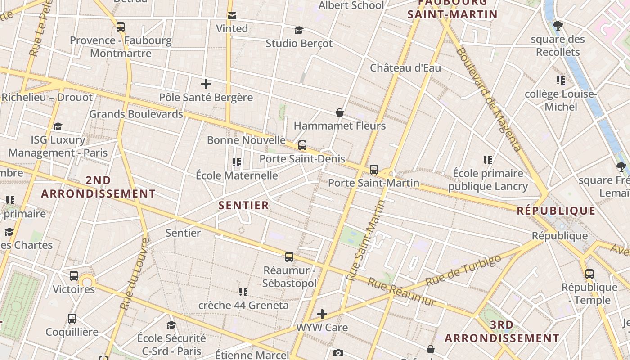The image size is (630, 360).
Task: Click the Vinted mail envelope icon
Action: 232,16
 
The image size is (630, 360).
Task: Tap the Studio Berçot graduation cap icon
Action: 299,31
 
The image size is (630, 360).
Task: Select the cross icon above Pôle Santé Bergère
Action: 206,84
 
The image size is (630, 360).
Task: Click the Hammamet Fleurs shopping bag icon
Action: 340,112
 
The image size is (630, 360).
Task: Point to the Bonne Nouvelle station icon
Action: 302,145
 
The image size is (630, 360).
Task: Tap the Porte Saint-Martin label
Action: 373,183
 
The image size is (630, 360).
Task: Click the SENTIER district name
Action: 243,206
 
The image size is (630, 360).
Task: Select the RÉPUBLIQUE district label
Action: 556,211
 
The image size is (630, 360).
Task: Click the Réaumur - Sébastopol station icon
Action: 289,257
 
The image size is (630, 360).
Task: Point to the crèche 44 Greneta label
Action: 243,305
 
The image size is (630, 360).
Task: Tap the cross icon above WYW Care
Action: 322,314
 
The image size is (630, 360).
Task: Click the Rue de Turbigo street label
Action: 463,270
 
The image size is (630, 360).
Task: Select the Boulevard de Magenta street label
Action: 489,99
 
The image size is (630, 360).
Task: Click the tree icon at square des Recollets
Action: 558,26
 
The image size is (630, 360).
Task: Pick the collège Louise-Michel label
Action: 561,100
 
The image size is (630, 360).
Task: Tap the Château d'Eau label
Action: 405,68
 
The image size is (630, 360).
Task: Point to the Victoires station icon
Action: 74,276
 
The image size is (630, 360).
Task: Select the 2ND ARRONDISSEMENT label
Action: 98,187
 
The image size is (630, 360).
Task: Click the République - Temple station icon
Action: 589,274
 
